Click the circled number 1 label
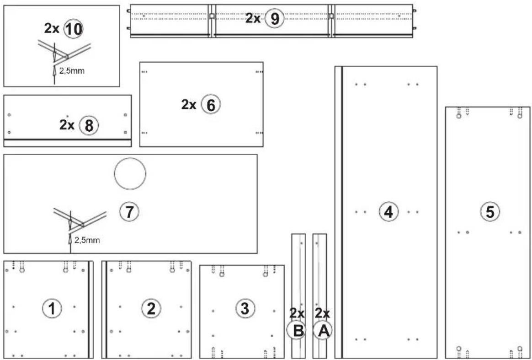click(52, 309)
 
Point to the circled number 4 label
click(388, 212)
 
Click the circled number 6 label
click(211, 105)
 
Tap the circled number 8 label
click(89, 126)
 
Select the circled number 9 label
click(274, 18)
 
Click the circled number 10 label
click(73, 28)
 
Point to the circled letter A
click(323, 330)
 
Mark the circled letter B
click(297, 330)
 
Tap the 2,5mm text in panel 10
click(72, 71)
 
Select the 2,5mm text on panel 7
click(87, 240)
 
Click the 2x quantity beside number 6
click(189, 105)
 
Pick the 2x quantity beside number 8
click(67, 125)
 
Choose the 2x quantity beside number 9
click(253, 18)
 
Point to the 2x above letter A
click(322, 313)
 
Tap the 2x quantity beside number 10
click(52, 28)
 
